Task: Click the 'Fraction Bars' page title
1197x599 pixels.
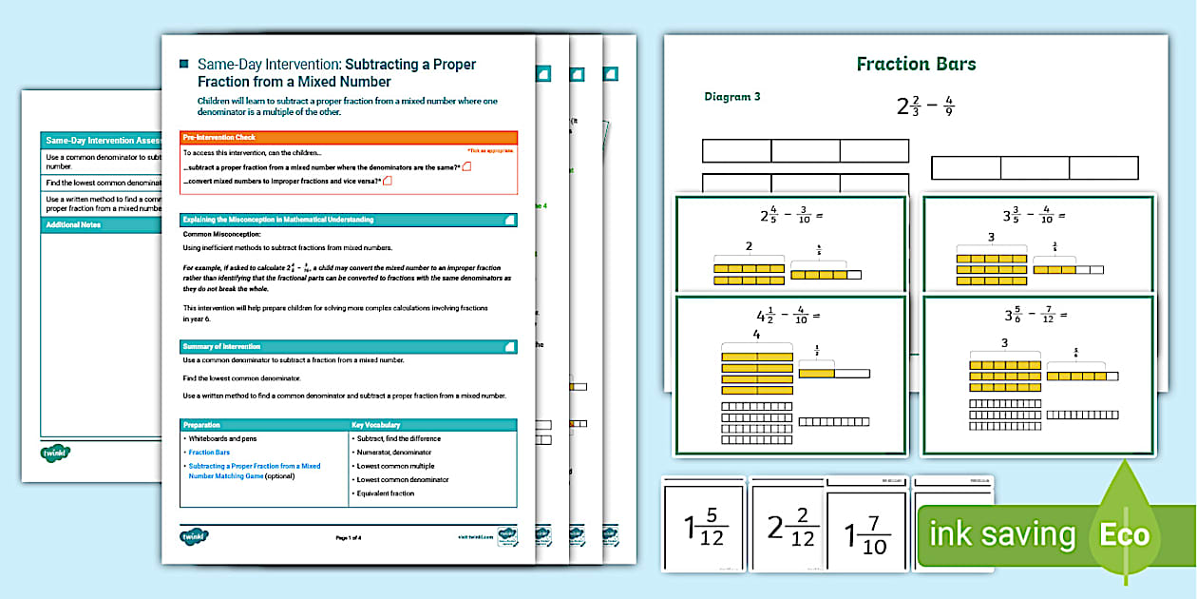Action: pos(916,65)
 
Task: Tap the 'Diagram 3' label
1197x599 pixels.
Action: pos(732,96)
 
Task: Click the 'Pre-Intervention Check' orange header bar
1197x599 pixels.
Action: pos(349,138)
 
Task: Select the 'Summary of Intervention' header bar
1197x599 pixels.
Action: pos(349,347)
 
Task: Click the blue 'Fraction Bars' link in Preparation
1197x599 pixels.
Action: pos(209,453)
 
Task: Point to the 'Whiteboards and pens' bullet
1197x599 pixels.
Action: pos(222,438)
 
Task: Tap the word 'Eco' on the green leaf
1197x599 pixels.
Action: pos(1125,534)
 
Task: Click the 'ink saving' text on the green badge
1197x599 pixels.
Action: pos(1002,534)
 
